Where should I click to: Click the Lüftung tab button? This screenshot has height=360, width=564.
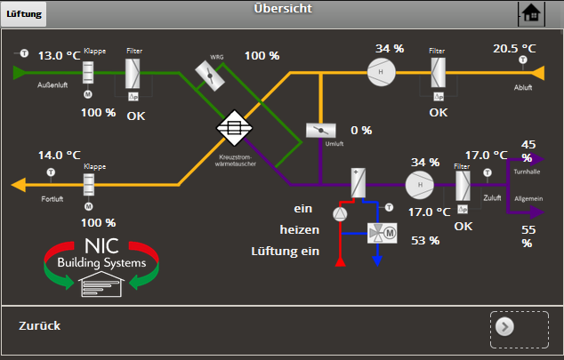point(23,14)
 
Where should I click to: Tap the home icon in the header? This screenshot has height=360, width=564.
point(531,13)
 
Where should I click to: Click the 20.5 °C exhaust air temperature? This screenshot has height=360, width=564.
point(515,48)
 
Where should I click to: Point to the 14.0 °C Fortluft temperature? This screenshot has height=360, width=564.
point(59,155)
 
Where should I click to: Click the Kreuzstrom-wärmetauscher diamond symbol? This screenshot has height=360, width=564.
point(235,127)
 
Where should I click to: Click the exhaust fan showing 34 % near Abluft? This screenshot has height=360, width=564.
point(383,72)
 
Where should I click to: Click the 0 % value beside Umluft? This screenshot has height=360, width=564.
point(361,131)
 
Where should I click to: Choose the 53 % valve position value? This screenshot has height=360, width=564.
point(425,240)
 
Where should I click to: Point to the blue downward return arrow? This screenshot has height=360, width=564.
point(377,260)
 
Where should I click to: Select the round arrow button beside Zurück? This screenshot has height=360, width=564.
point(505,326)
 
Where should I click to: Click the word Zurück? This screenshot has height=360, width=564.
point(39,326)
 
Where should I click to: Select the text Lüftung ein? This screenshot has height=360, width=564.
point(285,252)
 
